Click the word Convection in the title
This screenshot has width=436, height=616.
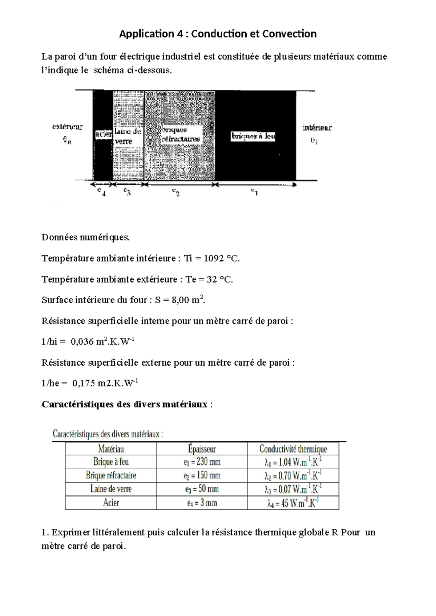click(289, 34)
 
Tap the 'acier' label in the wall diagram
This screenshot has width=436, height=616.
click(104, 135)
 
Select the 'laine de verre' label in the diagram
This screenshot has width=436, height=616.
click(128, 136)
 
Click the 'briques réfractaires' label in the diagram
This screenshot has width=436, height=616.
click(180, 134)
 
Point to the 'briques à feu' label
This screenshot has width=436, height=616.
click(253, 137)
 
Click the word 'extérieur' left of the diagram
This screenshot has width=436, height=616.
click(68, 127)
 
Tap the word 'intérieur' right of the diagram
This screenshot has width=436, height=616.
click(317, 127)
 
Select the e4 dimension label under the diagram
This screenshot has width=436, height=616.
click(101, 192)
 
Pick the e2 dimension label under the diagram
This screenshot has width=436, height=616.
click(176, 192)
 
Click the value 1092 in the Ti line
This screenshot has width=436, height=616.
click(214, 259)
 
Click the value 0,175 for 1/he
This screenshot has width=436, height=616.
click(84, 383)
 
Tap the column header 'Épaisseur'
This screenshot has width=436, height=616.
click(202, 449)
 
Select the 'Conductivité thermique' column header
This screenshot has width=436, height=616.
click(293, 449)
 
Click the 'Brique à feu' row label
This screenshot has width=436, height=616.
click(111, 462)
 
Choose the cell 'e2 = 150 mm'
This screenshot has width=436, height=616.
click(202, 475)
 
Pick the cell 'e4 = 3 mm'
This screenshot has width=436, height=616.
click(202, 503)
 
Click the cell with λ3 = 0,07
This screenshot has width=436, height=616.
click(293, 489)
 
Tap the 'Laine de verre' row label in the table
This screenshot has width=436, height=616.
click(111, 489)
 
